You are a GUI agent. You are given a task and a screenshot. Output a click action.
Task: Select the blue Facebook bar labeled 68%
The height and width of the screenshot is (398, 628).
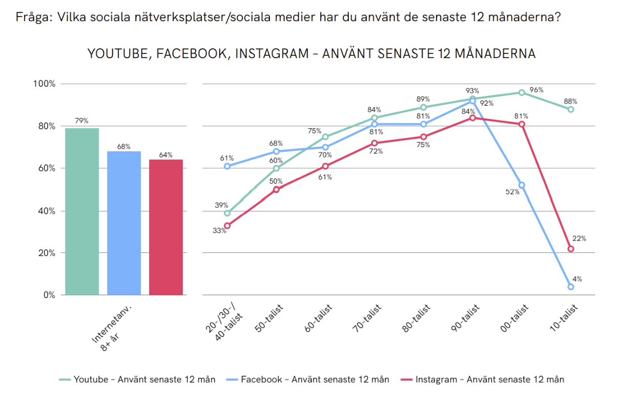(x=124, y=223)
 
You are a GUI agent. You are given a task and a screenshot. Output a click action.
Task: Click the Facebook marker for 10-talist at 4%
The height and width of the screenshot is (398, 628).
(x=571, y=287)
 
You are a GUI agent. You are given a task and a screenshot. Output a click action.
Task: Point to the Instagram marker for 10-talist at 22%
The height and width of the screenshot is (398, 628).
(x=571, y=249)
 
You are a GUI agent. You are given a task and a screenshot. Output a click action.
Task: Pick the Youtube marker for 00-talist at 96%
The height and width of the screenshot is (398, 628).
(x=521, y=92)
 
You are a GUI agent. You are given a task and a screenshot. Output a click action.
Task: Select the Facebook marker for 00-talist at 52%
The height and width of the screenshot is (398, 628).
(x=521, y=185)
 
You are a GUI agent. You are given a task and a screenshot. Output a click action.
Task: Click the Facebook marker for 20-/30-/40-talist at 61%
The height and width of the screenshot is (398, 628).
(x=227, y=166)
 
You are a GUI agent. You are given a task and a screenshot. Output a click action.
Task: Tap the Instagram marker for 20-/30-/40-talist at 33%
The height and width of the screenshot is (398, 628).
(x=227, y=226)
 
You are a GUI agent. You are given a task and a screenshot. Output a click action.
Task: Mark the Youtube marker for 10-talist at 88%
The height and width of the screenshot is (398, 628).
(x=571, y=109)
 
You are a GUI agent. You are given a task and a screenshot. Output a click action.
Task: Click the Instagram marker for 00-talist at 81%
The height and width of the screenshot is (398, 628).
(x=521, y=124)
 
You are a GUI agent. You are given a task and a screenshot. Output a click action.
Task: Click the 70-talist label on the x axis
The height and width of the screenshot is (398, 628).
(x=368, y=319)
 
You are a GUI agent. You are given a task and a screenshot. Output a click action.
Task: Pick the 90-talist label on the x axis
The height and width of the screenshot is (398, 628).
(x=466, y=319)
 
